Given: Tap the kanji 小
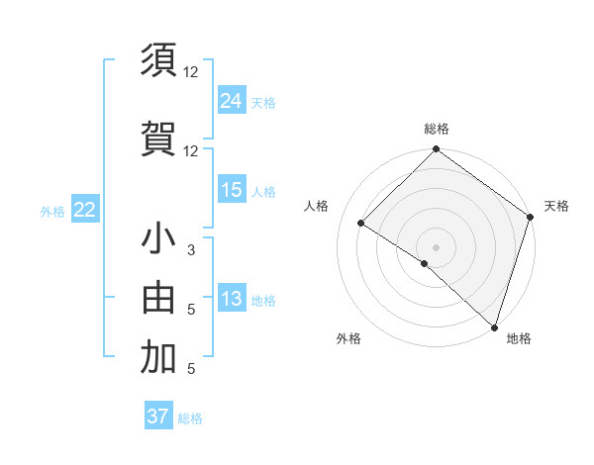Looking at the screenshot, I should (158, 240).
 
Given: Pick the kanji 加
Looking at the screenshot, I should (158, 359).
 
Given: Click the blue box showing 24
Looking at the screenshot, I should (232, 101).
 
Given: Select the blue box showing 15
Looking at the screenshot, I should (232, 190).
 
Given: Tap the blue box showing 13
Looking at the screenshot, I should (232, 299).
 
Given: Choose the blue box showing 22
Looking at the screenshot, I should (85, 210).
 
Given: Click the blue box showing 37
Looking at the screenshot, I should (158, 417).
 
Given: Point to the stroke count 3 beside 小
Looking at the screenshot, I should (191, 250).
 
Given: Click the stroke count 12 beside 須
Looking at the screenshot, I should (191, 71).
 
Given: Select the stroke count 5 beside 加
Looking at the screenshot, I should (191, 369).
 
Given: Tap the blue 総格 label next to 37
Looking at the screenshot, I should (190, 418).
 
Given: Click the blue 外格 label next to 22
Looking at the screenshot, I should (52, 211).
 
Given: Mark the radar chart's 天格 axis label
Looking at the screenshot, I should (556, 206).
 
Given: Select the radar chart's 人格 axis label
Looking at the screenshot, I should (317, 206).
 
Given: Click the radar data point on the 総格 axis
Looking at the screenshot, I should (436, 150).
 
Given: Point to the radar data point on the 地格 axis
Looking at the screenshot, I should (494, 326).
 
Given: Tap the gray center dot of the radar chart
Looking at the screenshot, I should (436, 246).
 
